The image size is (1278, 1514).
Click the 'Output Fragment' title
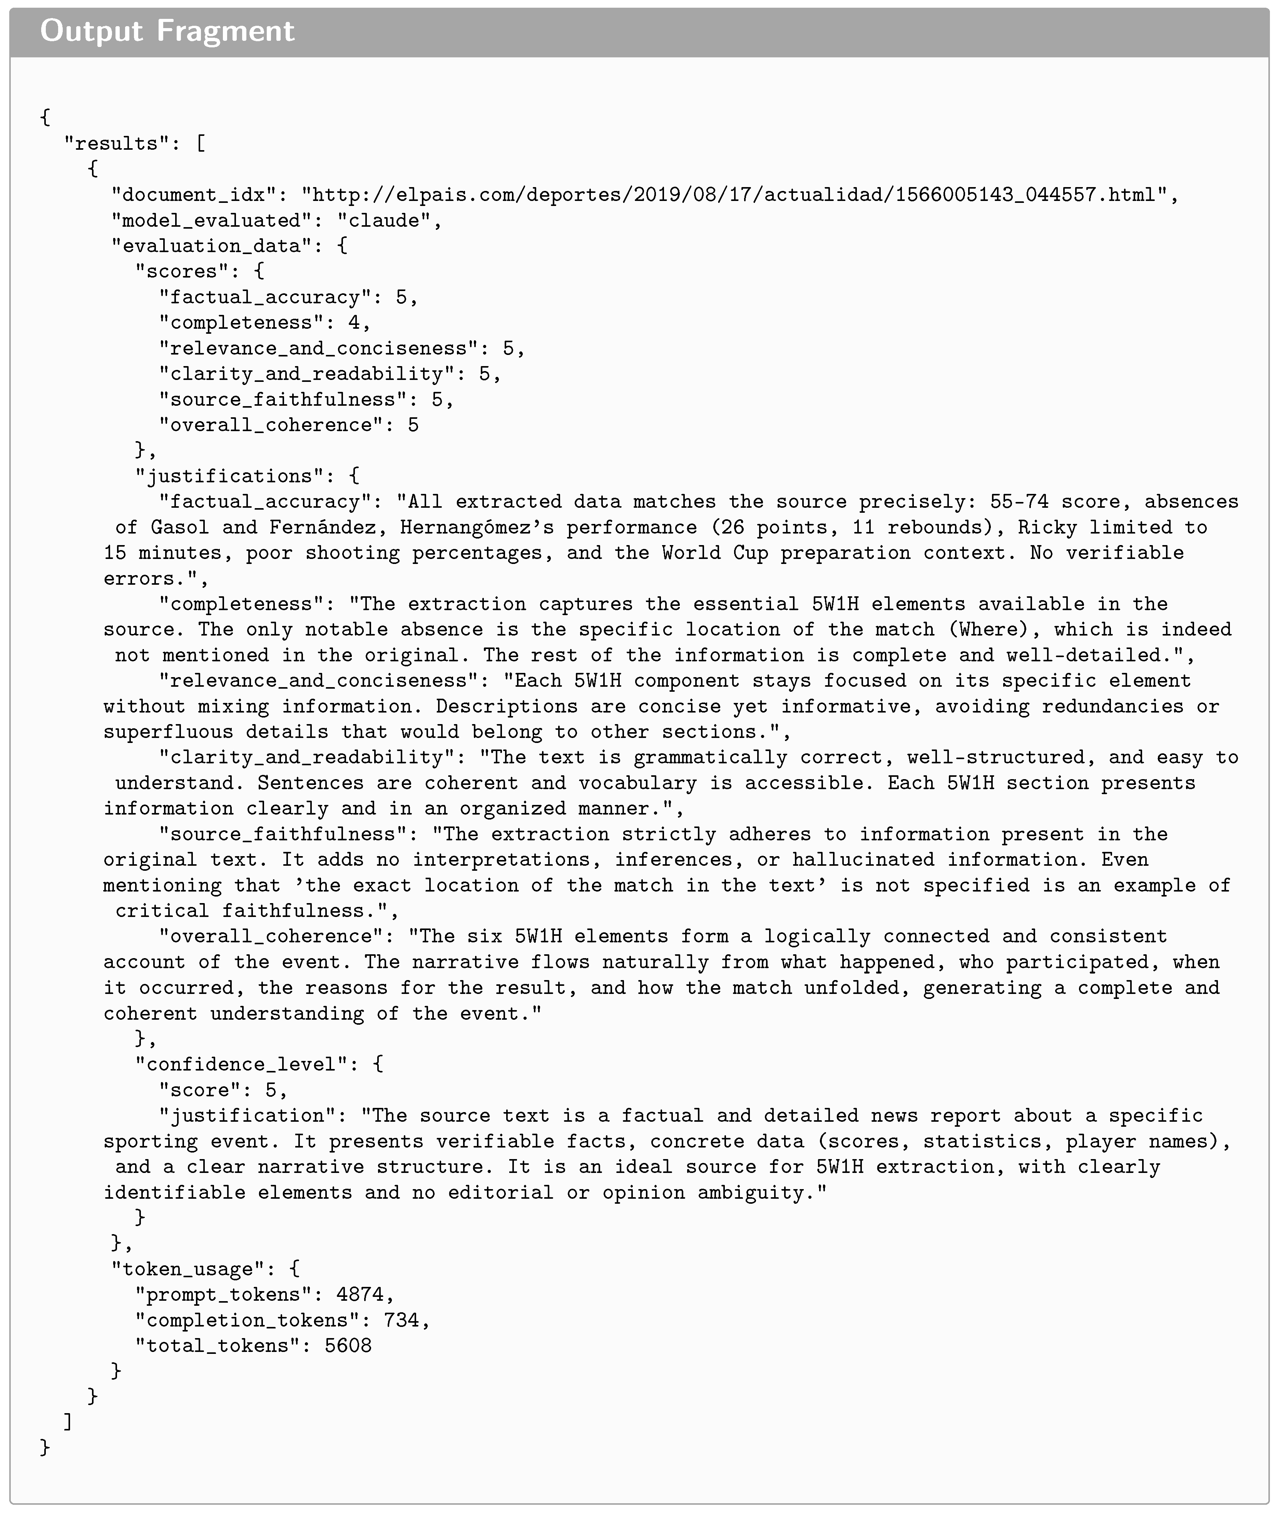[x=167, y=31]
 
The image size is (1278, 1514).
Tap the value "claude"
[x=384, y=220]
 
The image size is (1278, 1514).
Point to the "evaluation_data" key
[x=212, y=246]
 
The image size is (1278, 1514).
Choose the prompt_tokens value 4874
[x=360, y=1295]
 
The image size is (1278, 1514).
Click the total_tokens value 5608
[x=348, y=1346]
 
